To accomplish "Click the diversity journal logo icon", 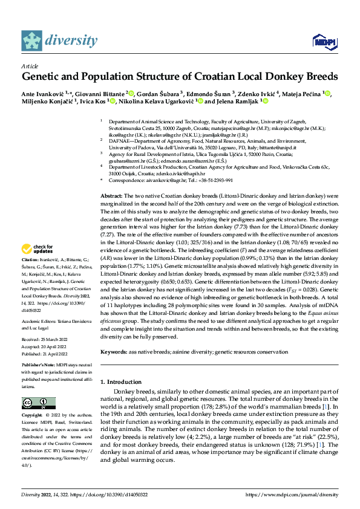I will pos(32,40).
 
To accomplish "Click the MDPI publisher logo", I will pos(322,41).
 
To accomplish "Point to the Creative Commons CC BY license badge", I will pos(38,403).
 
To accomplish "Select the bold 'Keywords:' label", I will pos(114,352).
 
